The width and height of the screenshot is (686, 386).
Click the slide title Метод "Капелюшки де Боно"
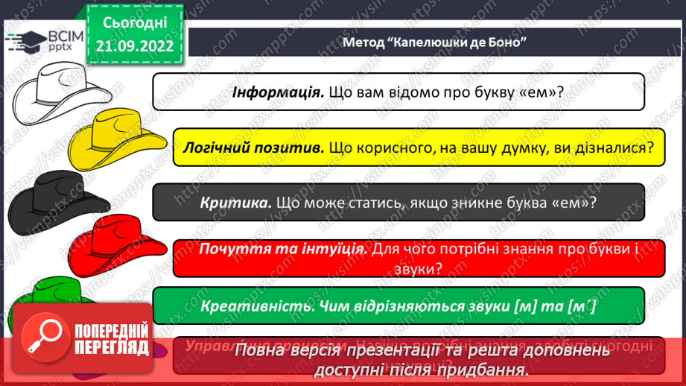click(x=435, y=42)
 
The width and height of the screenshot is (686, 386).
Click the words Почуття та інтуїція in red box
click(x=282, y=250)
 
